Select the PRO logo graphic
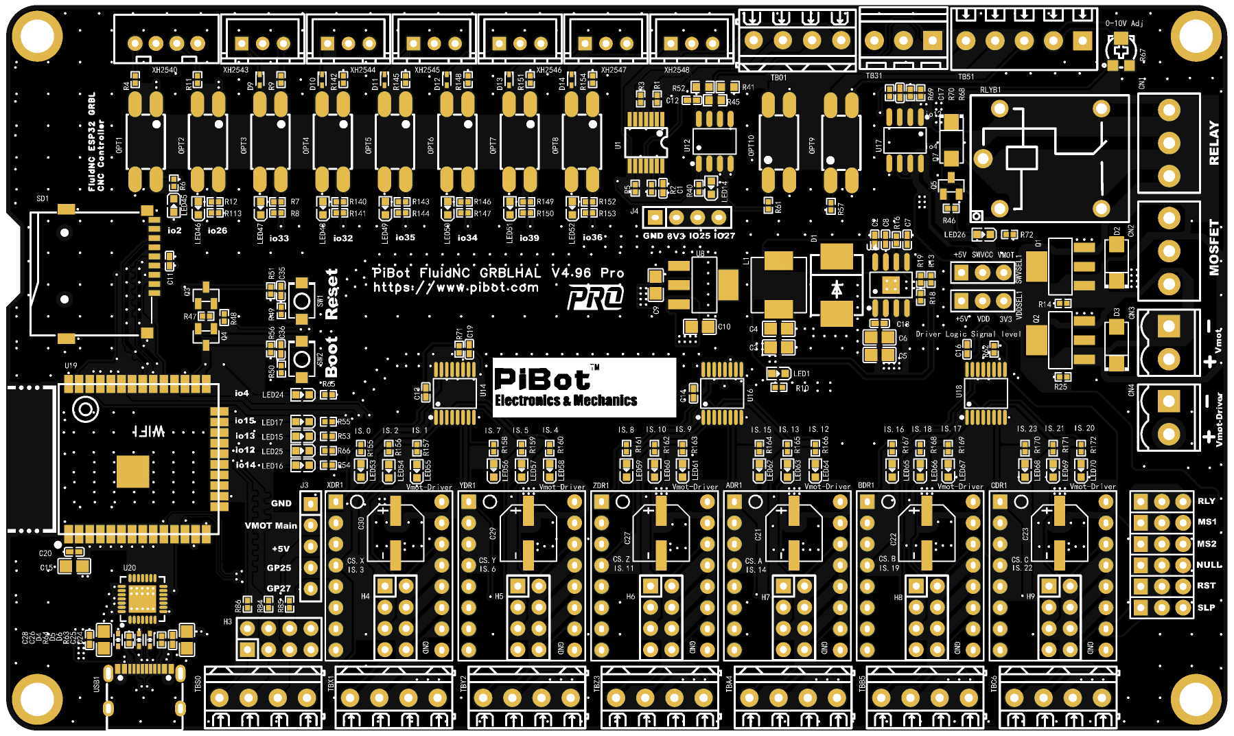(x=595, y=297)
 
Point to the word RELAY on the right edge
(x=1214, y=143)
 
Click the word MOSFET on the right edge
(x=1214, y=247)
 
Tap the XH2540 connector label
(x=165, y=70)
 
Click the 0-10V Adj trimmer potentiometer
(x=1120, y=51)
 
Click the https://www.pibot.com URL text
(x=456, y=288)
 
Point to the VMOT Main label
(x=271, y=526)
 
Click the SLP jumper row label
(x=1206, y=608)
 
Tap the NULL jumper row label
(x=1209, y=565)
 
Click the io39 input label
(x=528, y=238)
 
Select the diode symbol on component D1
(x=837, y=289)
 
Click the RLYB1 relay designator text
(x=990, y=90)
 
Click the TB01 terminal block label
(x=778, y=78)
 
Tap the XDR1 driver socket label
(x=335, y=485)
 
